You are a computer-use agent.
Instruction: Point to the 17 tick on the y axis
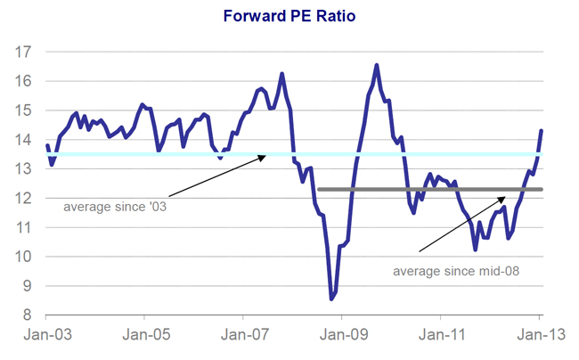coord(25,52)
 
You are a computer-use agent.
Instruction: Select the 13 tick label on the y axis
coord(25,169)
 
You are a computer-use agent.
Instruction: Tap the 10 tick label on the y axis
coord(25,257)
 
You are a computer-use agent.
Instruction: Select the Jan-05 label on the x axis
coord(144,337)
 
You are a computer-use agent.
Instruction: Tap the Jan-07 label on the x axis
coord(243,337)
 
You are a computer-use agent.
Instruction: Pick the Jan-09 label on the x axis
coord(342,337)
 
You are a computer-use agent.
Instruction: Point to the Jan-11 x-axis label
coord(441,337)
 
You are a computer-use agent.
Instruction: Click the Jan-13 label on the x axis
coord(540,337)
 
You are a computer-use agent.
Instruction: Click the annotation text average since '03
coord(116,207)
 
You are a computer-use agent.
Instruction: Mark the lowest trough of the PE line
coord(331,299)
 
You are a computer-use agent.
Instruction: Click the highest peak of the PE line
coord(376,65)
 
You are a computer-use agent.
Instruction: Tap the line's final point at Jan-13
coord(542,131)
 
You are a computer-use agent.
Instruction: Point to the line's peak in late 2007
coord(282,74)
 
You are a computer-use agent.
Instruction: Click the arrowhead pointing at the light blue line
coord(265,156)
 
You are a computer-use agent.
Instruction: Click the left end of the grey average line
coord(318,189)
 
